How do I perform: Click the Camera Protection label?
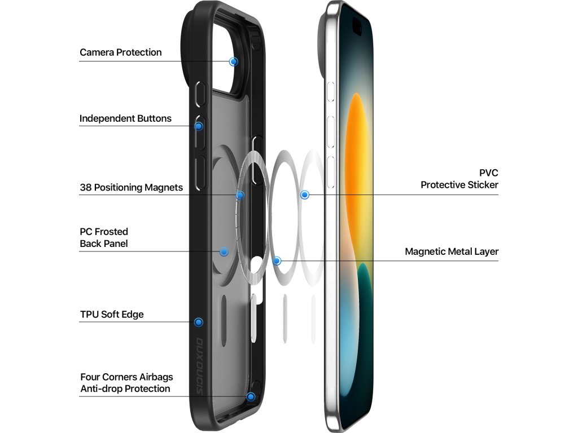coord(120,52)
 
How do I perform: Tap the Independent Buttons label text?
coord(125,118)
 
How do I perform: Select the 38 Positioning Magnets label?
coord(131,187)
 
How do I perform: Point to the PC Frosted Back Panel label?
coord(104,237)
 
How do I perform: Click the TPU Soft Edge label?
coord(112,314)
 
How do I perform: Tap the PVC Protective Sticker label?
coord(459,179)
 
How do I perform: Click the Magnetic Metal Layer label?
coord(452,251)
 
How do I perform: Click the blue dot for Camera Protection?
coord(234,61)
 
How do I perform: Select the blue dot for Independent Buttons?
coord(199,126)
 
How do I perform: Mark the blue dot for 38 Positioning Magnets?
coord(240,195)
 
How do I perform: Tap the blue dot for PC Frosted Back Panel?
coord(224,251)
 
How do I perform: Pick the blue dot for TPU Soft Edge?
coord(198,322)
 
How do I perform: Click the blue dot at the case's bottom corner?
coord(251,396)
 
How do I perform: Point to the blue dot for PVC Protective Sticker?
coord(305,195)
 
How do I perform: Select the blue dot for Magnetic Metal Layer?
coord(277,260)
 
